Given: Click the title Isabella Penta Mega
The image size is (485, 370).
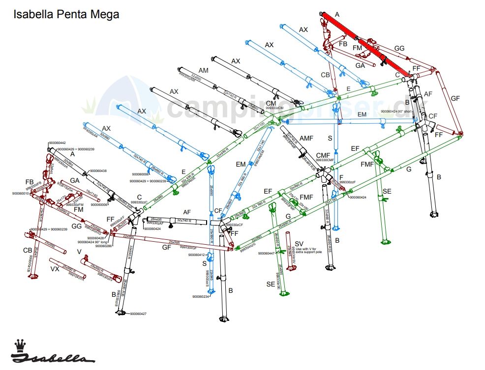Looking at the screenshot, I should click(x=66, y=14).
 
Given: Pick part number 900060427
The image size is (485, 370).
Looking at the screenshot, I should click(x=139, y=313).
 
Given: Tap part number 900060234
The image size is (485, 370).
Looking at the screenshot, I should click(x=201, y=296).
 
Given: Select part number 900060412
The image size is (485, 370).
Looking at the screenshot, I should click(x=196, y=255).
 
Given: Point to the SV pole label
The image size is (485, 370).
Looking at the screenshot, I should click(x=299, y=244).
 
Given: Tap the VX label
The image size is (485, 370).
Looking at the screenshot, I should click(x=55, y=269).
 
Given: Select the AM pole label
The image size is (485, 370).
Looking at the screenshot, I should click(x=204, y=71).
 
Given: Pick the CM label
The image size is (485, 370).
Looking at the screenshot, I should click(x=271, y=103).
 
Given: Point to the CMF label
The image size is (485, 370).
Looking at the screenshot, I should click(x=323, y=155).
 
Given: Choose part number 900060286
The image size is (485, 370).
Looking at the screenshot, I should click(x=104, y=246).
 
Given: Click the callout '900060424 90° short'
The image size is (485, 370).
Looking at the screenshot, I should click(x=399, y=112).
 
